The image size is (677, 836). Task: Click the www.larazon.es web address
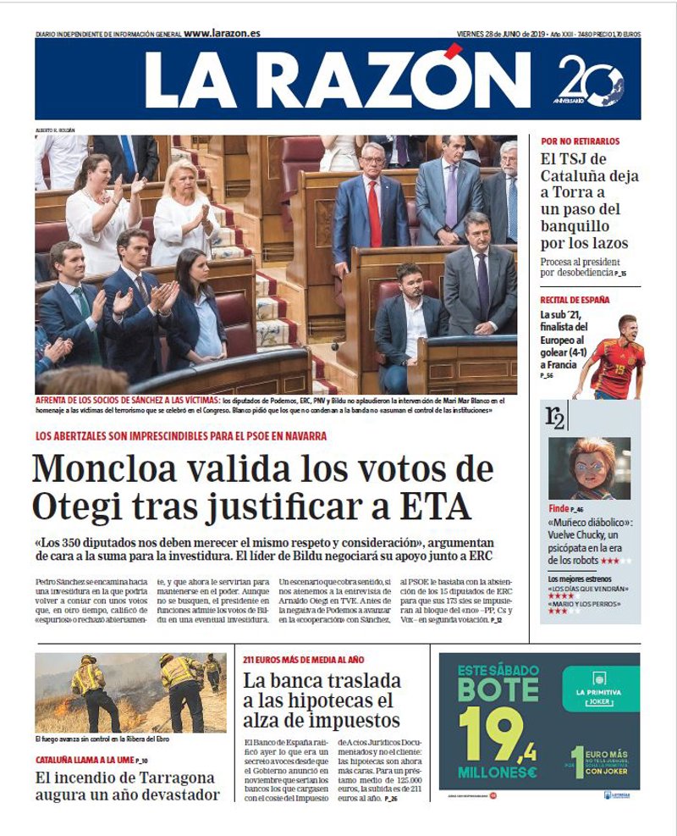click(x=222, y=33)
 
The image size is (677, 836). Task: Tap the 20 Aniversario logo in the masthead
click(x=590, y=81)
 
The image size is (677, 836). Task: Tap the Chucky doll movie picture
click(x=589, y=468)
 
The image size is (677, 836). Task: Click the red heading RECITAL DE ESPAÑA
click(x=575, y=300)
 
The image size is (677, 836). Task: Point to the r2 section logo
click(x=556, y=417)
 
